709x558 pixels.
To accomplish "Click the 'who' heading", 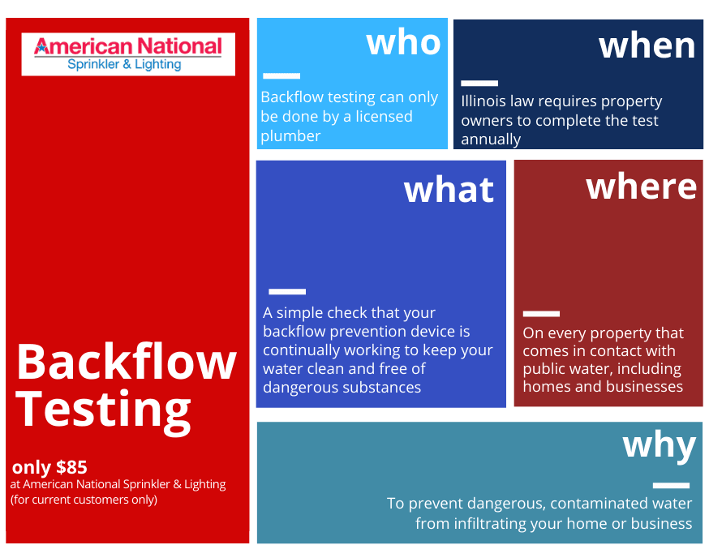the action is [403, 43].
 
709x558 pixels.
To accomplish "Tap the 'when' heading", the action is [647, 46].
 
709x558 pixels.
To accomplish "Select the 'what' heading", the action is [449, 190].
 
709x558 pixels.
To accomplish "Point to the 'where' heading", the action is [641, 187].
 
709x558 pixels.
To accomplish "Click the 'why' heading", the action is [660, 446].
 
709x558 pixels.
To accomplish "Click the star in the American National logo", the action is [41, 48].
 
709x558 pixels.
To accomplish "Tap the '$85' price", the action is [71, 467].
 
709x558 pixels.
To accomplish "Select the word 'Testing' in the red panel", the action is [104, 410].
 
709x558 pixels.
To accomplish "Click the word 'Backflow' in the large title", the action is [127, 361].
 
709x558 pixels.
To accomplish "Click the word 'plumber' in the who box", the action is [290, 136].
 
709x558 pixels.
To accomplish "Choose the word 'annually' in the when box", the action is [491, 139].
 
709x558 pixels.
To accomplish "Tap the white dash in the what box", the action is [287, 292].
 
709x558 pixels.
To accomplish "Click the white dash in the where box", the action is [541, 314].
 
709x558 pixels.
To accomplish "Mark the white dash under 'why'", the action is [671, 486].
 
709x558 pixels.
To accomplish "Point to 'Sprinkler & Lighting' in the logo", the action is [124, 65].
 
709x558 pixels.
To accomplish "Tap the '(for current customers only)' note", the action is [84, 500].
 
